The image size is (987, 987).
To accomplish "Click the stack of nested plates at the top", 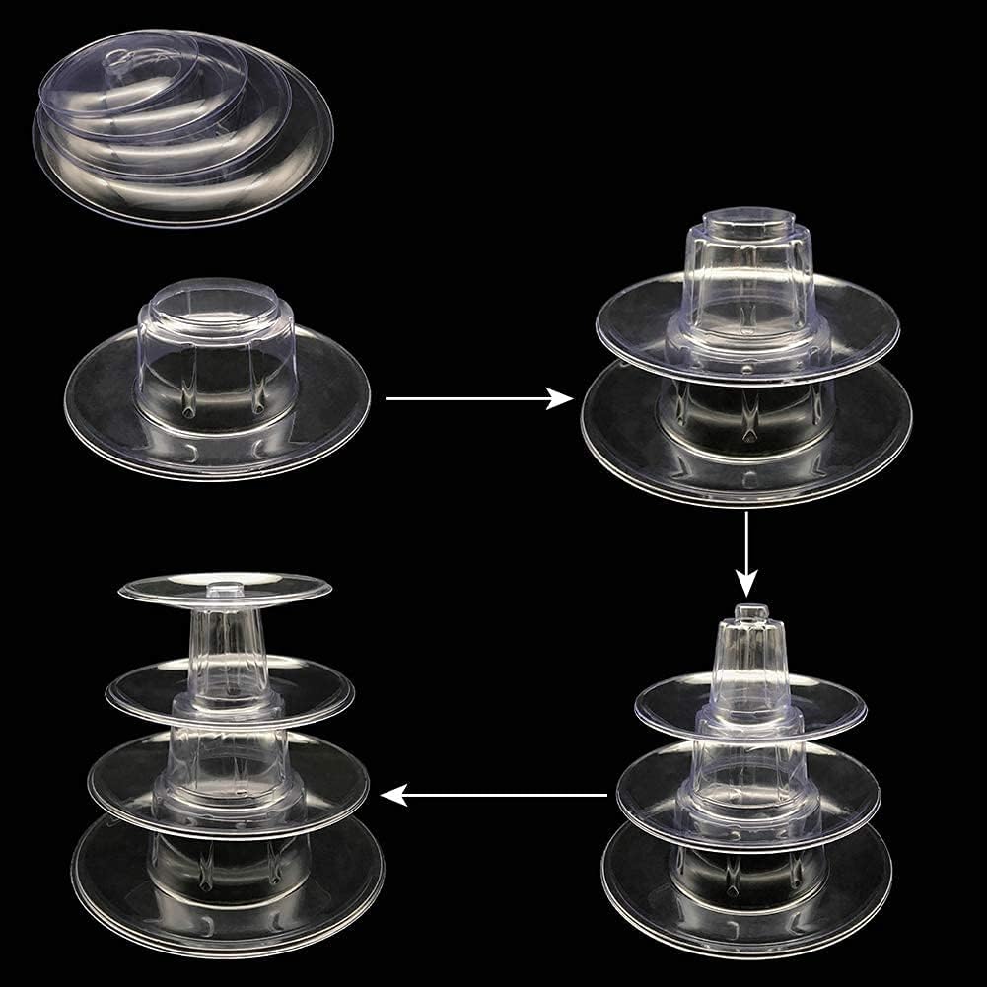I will [182, 128].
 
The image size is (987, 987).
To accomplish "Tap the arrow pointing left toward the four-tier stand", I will [493, 794].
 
